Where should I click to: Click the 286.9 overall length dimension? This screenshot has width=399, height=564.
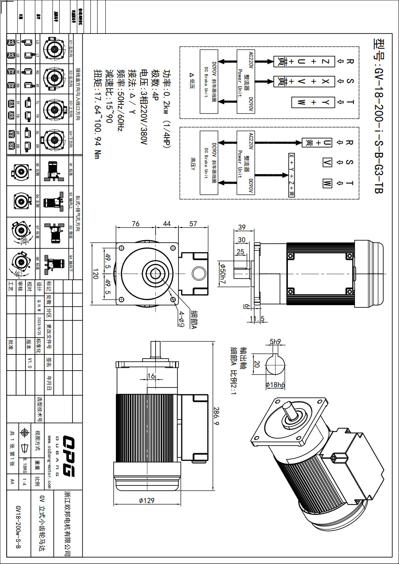click(x=216, y=416)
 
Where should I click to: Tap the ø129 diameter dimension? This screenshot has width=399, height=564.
click(x=147, y=500)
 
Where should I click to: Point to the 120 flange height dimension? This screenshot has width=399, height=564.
click(x=96, y=274)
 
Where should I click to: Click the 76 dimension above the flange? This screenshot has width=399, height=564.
click(x=136, y=224)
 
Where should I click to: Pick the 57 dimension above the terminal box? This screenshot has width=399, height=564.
click(x=193, y=224)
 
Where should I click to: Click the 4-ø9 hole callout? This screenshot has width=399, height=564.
click(x=182, y=319)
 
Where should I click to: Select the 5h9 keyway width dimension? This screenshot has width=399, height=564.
click(x=275, y=341)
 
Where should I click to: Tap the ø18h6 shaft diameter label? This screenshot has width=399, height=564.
click(x=275, y=385)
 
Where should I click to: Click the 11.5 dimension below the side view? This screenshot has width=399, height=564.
click(x=257, y=319)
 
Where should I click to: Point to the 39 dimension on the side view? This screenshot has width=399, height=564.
click(x=242, y=227)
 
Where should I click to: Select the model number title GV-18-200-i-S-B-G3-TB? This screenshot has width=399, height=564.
click(x=379, y=116)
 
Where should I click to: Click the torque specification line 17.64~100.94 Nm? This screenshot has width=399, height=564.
click(x=98, y=114)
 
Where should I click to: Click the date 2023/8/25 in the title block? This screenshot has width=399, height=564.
click(x=39, y=325)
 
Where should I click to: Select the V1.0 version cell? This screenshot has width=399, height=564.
click(x=30, y=362)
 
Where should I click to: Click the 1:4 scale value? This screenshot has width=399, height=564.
click(x=25, y=482)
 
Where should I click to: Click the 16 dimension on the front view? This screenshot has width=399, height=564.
click(x=151, y=376)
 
